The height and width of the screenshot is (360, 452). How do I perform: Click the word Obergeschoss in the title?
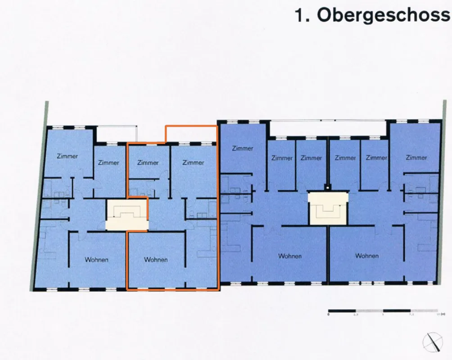click(383, 15)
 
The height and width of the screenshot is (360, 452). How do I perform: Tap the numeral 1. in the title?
click(303, 15)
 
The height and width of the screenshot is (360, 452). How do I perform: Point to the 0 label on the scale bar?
click(329, 315)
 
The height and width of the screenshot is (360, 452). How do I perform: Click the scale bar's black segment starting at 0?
click(342, 310)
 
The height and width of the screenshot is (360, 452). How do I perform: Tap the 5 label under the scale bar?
click(383, 315)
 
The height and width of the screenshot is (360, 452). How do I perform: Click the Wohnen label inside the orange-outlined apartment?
click(156, 260)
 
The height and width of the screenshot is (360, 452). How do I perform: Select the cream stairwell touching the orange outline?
click(127, 215)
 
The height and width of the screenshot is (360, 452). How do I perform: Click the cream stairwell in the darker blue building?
click(328, 208)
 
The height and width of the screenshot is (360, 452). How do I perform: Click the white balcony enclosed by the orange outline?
click(191, 134)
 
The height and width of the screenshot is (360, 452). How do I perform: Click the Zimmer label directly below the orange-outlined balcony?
click(193, 162)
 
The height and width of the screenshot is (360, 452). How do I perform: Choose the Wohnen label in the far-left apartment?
click(97, 260)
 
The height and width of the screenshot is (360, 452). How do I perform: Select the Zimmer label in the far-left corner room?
click(67, 156)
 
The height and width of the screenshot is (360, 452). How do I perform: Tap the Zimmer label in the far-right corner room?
click(416, 157)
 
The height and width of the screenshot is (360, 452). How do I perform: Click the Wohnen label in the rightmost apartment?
click(366, 256)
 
